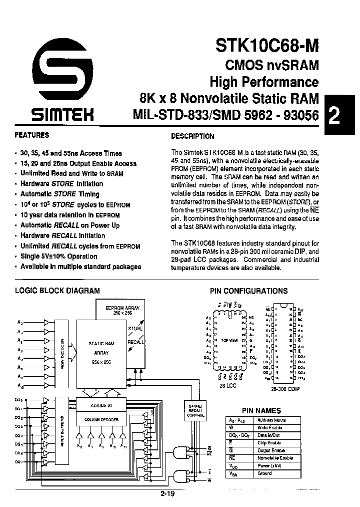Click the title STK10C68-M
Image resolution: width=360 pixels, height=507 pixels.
click(x=267, y=46)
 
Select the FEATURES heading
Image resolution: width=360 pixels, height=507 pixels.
click(x=32, y=135)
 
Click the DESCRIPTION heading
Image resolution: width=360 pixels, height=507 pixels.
click(x=192, y=136)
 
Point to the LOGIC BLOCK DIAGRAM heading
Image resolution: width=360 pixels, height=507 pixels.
click(x=57, y=291)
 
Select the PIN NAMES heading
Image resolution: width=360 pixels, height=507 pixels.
click(x=261, y=410)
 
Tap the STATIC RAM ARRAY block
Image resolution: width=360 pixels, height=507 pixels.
click(x=101, y=351)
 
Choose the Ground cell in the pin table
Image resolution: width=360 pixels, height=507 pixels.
click(x=264, y=473)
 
